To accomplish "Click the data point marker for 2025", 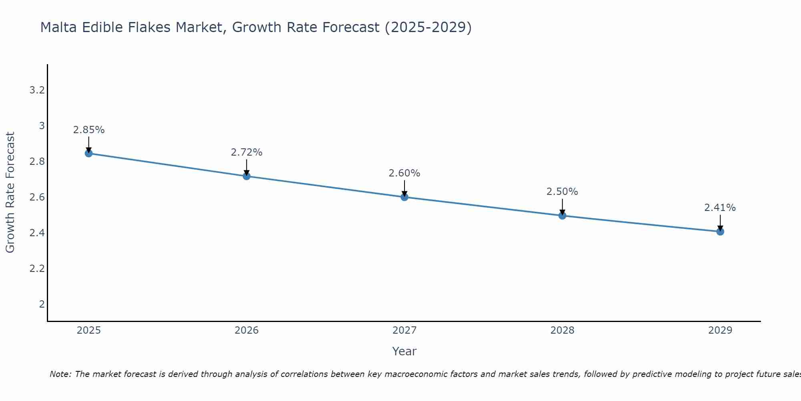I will tap(89, 153).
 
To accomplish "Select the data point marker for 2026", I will tap(247, 176).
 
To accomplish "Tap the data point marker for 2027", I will tap(405, 197).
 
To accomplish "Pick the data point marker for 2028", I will tap(562, 215).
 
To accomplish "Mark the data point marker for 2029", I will tap(720, 231).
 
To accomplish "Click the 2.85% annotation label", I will tap(89, 130).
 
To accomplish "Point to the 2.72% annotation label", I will tap(247, 152).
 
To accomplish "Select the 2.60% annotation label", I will tap(405, 173).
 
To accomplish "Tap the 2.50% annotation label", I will tap(562, 192).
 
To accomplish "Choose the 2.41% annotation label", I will tap(720, 208).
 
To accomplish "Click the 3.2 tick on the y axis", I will tap(37, 90).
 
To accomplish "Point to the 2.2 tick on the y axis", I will tap(37, 268).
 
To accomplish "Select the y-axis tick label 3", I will tap(42, 126).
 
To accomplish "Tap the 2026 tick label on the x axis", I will tap(247, 330).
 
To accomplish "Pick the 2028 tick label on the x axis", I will tap(562, 330).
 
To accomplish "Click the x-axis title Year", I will tap(405, 351).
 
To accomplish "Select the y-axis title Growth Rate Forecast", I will tap(10, 192).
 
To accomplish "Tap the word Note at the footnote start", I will tap(60, 374).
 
